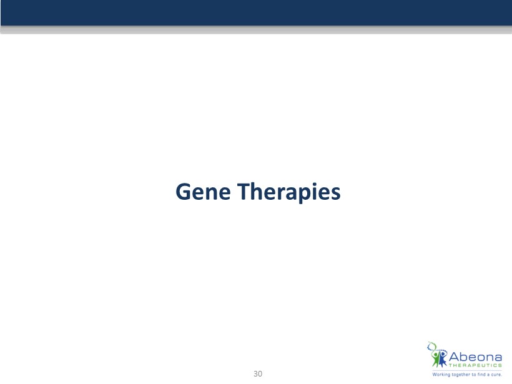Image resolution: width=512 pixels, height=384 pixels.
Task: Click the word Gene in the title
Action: [203, 192]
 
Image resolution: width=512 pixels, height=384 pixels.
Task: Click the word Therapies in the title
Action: [289, 193]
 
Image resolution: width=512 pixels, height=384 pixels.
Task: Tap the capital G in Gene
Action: [183, 192]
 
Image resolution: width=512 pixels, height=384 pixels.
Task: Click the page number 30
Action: [258, 374]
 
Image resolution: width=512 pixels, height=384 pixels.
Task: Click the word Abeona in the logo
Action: [475, 357]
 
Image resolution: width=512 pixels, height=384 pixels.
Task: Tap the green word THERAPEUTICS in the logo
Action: [475, 365]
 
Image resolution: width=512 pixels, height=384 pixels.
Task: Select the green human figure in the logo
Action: [436, 359]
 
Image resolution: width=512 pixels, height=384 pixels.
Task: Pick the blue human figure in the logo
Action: [443, 358]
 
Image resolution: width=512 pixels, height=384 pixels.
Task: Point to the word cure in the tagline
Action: [496, 375]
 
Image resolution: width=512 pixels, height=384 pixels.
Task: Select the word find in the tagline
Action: [481, 375]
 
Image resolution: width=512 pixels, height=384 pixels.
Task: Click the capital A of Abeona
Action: [454, 357]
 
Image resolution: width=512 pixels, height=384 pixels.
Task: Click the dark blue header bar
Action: [256, 12]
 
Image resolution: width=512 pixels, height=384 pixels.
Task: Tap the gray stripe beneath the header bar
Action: [256, 29]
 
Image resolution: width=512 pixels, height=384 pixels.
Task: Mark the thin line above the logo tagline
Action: [467, 371]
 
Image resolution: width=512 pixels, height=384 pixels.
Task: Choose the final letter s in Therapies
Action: [336, 194]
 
